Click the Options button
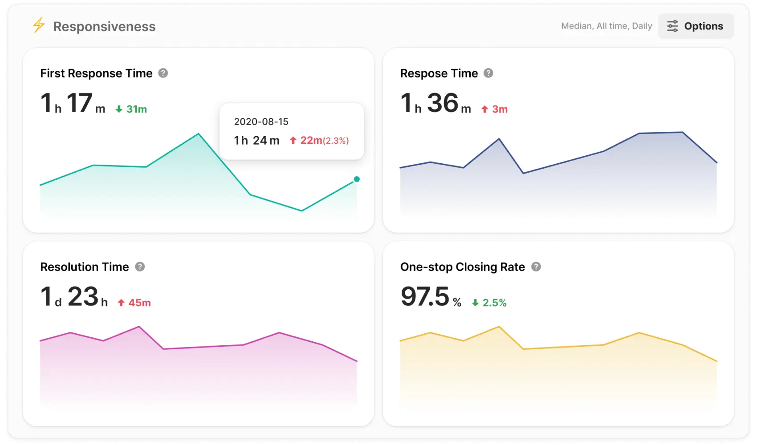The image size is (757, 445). pyautogui.click(x=696, y=26)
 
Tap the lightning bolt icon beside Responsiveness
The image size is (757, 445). pyautogui.click(x=39, y=25)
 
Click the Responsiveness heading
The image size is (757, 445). pyautogui.click(x=104, y=27)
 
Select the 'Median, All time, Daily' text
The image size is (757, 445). pyautogui.click(x=606, y=26)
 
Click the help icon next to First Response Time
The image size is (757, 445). pyautogui.click(x=163, y=73)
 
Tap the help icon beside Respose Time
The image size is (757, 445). pyautogui.click(x=488, y=73)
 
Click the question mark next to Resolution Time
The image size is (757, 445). pyautogui.click(x=140, y=267)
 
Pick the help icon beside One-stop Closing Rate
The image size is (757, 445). pyautogui.click(x=536, y=267)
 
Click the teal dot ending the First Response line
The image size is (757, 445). pyautogui.click(x=357, y=179)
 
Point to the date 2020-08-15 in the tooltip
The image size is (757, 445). pyautogui.click(x=261, y=121)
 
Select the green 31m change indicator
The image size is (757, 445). pyautogui.click(x=131, y=109)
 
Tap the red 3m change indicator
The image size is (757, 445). pyautogui.click(x=495, y=109)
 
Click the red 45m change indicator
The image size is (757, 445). pyautogui.click(x=134, y=303)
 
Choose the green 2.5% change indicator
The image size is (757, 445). pyautogui.click(x=489, y=303)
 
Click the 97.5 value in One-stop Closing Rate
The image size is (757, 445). pyautogui.click(x=425, y=297)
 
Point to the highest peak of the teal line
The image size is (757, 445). pyautogui.click(x=199, y=134)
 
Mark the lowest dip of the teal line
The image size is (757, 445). pyautogui.click(x=301, y=210)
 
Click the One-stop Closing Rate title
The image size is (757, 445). pyautogui.click(x=462, y=267)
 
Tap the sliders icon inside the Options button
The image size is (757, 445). pyautogui.click(x=672, y=26)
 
